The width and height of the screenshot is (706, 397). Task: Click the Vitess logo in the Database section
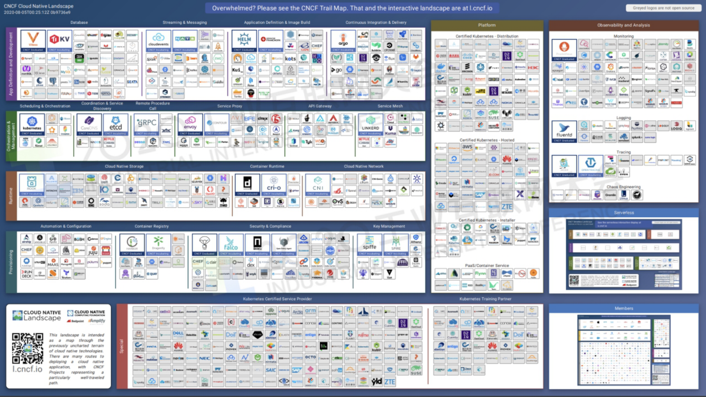pyautogui.click(x=33, y=41)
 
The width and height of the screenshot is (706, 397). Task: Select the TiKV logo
pyautogui.click(x=60, y=41)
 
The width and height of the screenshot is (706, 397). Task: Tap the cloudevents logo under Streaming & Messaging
pyautogui.click(x=158, y=41)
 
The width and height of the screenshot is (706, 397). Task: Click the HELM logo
pyautogui.click(x=244, y=41)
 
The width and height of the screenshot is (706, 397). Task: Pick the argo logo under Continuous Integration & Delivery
pyautogui.click(x=343, y=41)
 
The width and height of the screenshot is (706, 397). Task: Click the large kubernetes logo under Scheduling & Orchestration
pyautogui.click(x=32, y=124)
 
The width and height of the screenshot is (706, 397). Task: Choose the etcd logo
pyautogui.click(x=116, y=124)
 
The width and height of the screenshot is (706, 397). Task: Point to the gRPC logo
pyautogui.click(x=146, y=124)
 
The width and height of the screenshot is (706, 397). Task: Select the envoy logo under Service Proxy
pyautogui.click(x=190, y=124)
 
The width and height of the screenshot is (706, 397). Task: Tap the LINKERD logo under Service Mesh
pyautogui.click(x=371, y=124)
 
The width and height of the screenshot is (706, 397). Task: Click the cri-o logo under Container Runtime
pyautogui.click(x=274, y=184)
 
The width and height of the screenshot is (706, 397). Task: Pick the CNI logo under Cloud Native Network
pyautogui.click(x=318, y=184)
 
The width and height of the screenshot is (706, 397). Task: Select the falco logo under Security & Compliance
pyautogui.click(x=231, y=244)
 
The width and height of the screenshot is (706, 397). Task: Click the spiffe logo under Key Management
pyautogui.click(x=370, y=244)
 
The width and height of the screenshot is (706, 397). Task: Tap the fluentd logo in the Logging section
pyautogui.click(x=564, y=131)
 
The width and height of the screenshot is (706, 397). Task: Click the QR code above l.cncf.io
pyautogui.click(x=28, y=348)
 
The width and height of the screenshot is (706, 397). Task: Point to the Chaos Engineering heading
pyautogui.click(x=624, y=187)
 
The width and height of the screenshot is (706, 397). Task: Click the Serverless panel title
pyautogui.click(x=624, y=213)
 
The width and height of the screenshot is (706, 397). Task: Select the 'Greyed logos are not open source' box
pyautogui.click(x=663, y=8)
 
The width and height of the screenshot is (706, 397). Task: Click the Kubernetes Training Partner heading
pyautogui.click(x=485, y=299)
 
